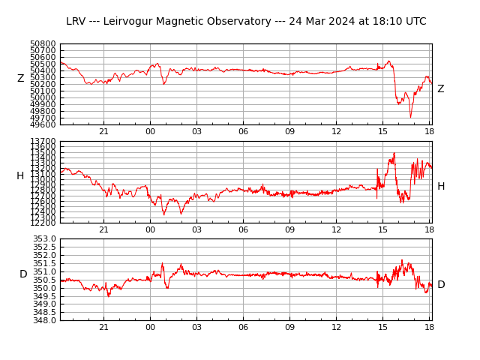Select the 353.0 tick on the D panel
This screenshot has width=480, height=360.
[x=45, y=239]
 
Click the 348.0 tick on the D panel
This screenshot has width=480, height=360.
[x=45, y=320]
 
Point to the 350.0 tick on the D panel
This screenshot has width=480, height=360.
[x=45, y=288]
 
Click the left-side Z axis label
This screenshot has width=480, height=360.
[x=21, y=79]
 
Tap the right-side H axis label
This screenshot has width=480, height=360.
[x=441, y=187]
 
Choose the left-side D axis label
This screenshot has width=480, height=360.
[x=23, y=274]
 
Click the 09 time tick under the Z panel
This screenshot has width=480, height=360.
[x=289, y=132]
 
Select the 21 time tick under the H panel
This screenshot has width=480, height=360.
[x=103, y=229]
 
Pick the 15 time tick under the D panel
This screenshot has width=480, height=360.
[x=382, y=327]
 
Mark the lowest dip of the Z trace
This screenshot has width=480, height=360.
[x=410, y=117]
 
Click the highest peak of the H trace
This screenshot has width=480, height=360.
[x=394, y=153]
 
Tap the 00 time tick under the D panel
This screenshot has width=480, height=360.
[x=150, y=327]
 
